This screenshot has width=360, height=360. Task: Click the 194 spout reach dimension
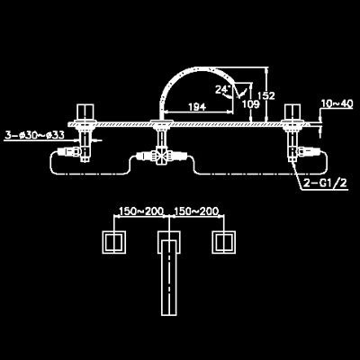coord(197,107)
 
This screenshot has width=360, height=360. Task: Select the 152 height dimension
coord(266,95)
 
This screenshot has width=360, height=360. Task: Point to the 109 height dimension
coord(250,104)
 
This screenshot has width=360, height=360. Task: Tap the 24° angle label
coord(223,90)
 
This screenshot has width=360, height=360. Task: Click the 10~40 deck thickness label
coord(337,103)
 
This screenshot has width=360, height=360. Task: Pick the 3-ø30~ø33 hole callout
coord(34,135)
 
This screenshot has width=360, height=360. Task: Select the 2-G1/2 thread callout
coord(325,184)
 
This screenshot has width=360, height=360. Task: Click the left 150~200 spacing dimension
coord(141,211)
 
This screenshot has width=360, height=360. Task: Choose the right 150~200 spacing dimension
coord(196,211)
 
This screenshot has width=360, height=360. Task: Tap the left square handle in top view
coord(113,242)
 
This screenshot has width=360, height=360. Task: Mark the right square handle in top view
coord(223,242)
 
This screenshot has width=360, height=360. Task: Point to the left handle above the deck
coord(85,112)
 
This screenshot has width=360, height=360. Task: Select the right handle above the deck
coord(292,112)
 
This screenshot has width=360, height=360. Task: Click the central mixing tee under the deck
coord(161,157)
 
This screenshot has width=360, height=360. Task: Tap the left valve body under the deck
coord(85,144)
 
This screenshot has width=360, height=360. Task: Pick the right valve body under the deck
coord(292,144)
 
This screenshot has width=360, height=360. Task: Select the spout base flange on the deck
coord(162,121)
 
